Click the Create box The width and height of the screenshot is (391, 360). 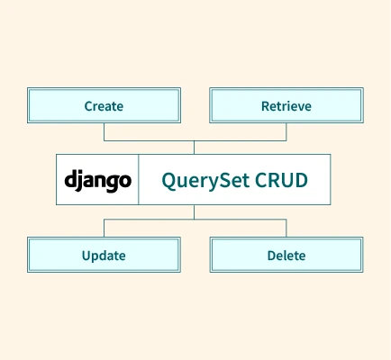(x=104, y=105)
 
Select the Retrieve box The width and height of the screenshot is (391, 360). (x=286, y=105)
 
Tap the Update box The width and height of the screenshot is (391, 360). (x=104, y=255)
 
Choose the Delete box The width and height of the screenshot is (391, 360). (x=286, y=255)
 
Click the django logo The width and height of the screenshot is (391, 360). (x=98, y=181)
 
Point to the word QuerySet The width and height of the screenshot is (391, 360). (x=205, y=181)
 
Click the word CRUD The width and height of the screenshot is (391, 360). (x=281, y=180)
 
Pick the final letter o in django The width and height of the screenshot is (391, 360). (x=125, y=181)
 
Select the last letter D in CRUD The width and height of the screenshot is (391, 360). (x=301, y=180)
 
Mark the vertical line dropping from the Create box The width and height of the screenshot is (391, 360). (x=105, y=131)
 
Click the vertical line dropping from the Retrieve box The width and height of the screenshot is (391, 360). (x=286, y=131)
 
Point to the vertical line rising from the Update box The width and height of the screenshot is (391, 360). (x=105, y=228)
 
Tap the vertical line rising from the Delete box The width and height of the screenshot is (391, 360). (x=286, y=228)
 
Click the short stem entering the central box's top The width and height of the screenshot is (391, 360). (x=194, y=148)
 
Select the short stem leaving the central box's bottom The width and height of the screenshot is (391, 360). (x=194, y=212)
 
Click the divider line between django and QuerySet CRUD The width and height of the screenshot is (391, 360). (x=139, y=180)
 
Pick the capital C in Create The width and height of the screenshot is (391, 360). (x=88, y=106)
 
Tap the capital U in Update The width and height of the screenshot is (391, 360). (x=86, y=256)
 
